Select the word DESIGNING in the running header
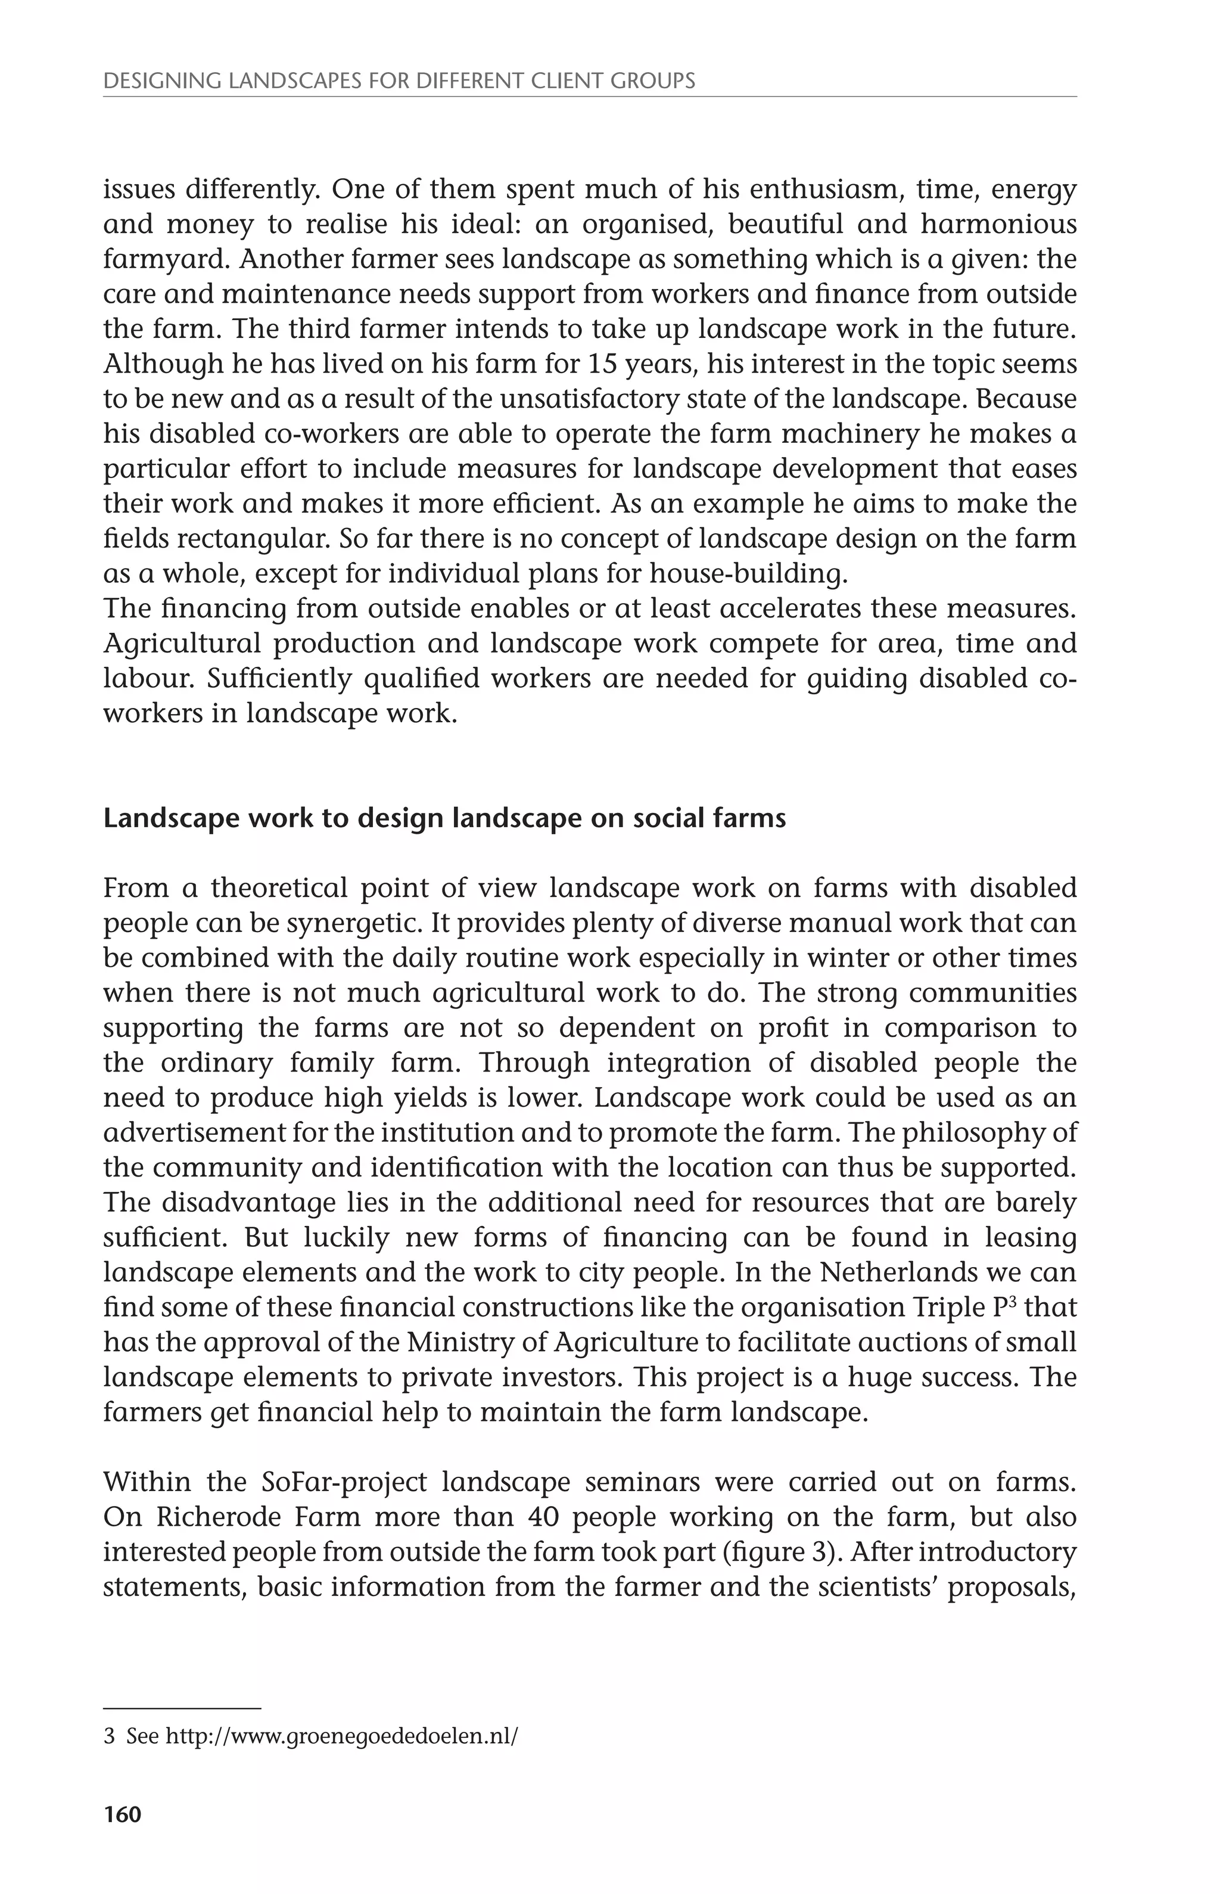[154, 81]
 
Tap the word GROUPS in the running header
[656, 81]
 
